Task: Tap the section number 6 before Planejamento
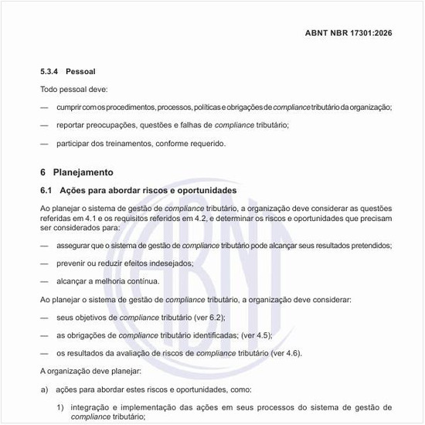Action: (x=43, y=172)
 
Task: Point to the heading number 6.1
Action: (x=46, y=190)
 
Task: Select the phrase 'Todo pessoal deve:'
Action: (x=74, y=90)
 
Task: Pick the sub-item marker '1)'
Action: (x=59, y=406)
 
